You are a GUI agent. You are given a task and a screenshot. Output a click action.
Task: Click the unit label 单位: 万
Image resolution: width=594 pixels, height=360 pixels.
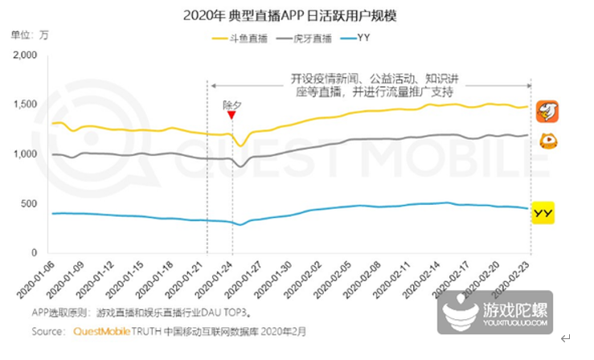pyautogui.click(x=30, y=35)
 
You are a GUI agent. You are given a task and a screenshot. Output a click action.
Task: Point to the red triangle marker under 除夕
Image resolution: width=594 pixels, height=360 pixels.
pyautogui.click(x=231, y=115)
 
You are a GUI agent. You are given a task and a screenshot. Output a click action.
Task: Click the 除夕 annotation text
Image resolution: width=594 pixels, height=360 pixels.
pyautogui.click(x=231, y=104)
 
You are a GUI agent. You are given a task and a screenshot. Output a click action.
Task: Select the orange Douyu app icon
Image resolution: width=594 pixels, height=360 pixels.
pyautogui.click(x=547, y=111)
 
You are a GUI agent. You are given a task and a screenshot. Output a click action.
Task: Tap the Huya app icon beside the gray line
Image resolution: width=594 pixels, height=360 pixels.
pyautogui.click(x=547, y=141)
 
